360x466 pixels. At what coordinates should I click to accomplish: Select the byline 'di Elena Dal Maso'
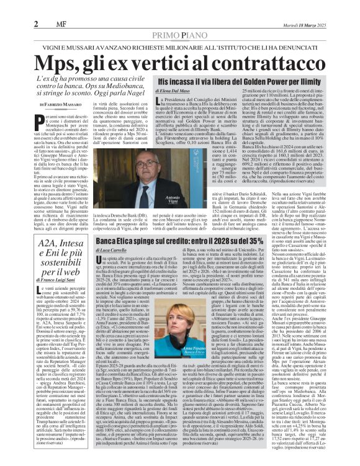pyautogui.click(x=161, y=91)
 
